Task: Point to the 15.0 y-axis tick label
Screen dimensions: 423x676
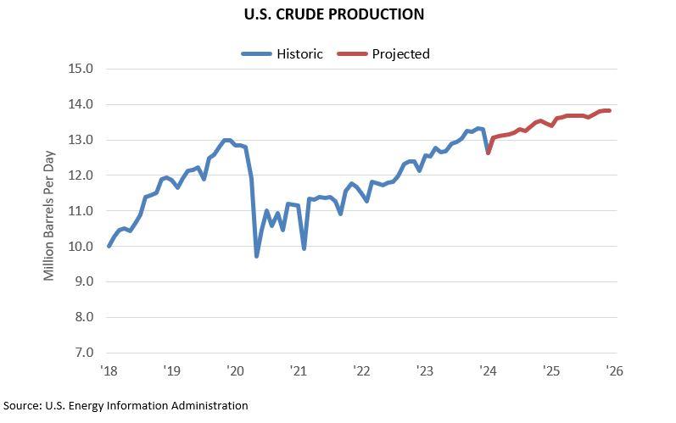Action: click(80, 69)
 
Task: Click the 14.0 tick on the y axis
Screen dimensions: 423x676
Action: click(80, 104)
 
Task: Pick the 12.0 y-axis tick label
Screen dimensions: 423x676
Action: click(80, 175)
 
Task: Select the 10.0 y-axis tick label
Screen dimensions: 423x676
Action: click(80, 246)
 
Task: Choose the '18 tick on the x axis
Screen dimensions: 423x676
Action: click(109, 370)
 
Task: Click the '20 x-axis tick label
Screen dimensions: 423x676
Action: click(235, 370)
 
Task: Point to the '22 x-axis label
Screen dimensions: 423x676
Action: click(361, 370)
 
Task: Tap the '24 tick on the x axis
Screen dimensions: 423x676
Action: click(488, 370)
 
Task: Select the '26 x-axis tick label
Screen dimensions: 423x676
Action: click(614, 370)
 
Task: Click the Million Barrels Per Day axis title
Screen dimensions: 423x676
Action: click(49, 211)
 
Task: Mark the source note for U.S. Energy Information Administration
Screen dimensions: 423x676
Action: click(126, 406)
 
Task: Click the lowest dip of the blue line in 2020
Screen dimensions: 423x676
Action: click(257, 255)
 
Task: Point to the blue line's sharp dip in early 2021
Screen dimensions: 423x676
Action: click(304, 248)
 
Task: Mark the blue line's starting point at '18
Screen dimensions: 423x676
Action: click(109, 246)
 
